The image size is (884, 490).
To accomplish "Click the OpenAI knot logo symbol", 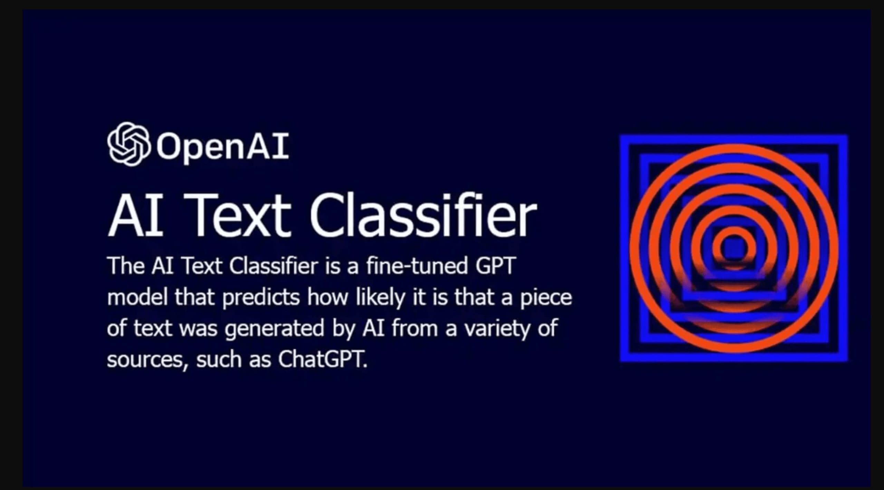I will [x=129, y=144].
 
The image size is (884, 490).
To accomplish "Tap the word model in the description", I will [x=137, y=297].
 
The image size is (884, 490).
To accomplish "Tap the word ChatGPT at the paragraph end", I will [x=322, y=359].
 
